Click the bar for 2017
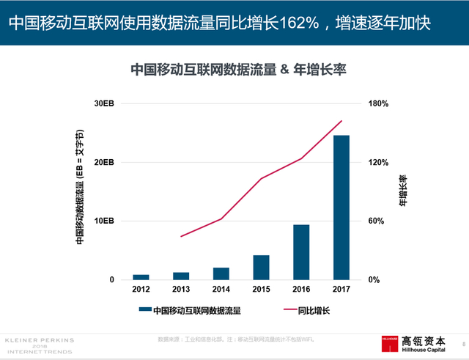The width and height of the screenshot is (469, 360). [341, 207]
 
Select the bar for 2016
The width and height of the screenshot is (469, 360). [301, 251]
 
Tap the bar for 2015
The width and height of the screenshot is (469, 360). [261, 267]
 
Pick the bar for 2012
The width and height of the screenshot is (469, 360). [141, 276]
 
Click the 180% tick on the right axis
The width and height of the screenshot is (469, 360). [377, 103]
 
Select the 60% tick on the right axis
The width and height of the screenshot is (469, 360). [375, 221]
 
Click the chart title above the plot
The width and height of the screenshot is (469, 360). [237, 70]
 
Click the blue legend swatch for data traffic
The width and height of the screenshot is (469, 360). [144, 311]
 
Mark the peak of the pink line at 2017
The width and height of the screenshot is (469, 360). [341, 121]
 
